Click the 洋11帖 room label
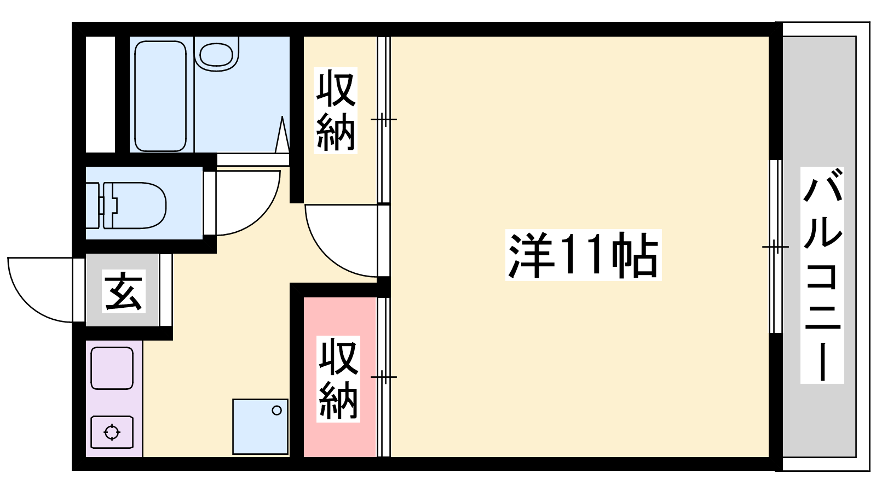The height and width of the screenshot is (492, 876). click(x=583, y=255)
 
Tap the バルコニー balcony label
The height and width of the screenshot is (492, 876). click(x=822, y=275)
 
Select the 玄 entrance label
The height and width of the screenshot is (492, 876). click(x=124, y=291)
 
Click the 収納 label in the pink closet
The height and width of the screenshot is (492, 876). click(x=338, y=378)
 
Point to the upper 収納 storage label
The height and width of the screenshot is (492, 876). click(x=336, y=110)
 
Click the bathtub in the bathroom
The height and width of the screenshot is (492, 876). click(x=160, y=96)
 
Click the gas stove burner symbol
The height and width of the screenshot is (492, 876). click(x=112, y=432)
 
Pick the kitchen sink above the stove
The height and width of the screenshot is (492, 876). click(x=112, y=368)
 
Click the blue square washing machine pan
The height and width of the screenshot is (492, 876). click(x=261, y=426)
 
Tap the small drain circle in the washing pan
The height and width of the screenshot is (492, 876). click(x=277, y=411)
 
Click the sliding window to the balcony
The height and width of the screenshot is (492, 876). click(x=776, y=247)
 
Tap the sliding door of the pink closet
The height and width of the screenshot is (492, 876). click(x=384, y=377)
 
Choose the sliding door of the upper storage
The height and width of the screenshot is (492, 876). click(x=384, y=120)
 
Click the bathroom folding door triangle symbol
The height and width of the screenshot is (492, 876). click(x=283, y=134)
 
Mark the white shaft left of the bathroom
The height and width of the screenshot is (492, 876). click(x=101, y=94)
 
